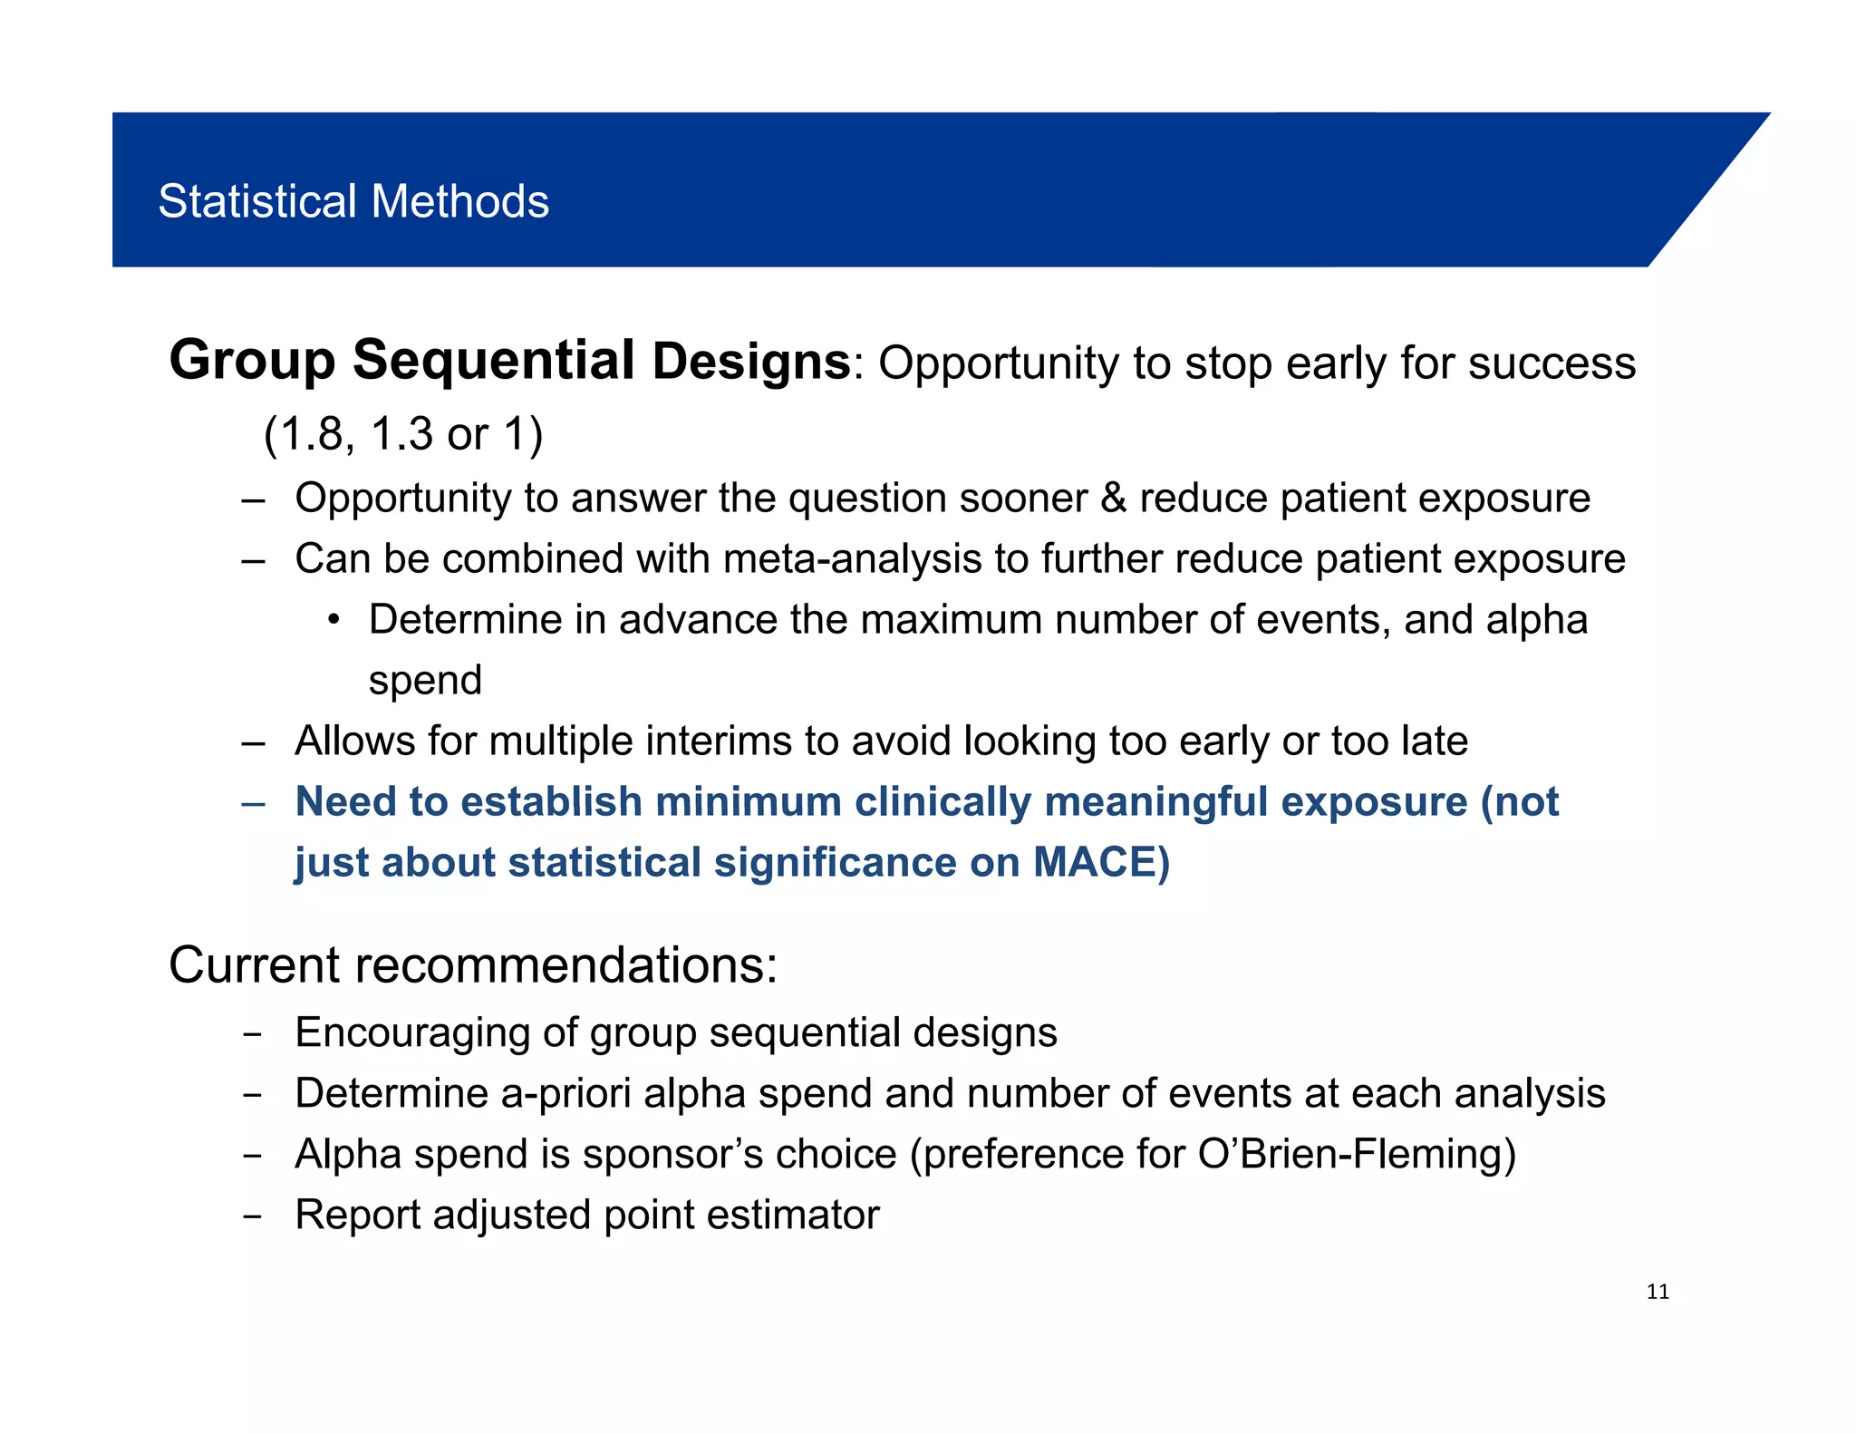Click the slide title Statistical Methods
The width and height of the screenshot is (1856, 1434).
[353, 201]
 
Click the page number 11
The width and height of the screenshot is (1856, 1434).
[1658, 1292]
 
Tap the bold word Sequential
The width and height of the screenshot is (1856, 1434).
[493, 361]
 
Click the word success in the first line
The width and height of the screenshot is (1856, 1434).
[1551, 363]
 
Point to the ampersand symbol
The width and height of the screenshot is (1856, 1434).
[1113, 498]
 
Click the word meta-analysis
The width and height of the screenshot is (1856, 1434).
[853, 558]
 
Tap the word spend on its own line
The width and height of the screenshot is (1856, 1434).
[425, 680]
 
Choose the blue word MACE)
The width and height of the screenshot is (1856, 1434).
[1101, 862]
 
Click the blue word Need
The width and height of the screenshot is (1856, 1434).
[345, 801]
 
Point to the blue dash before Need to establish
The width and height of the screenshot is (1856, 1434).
[253, 803]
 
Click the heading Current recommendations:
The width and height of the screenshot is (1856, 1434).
[473, 964]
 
